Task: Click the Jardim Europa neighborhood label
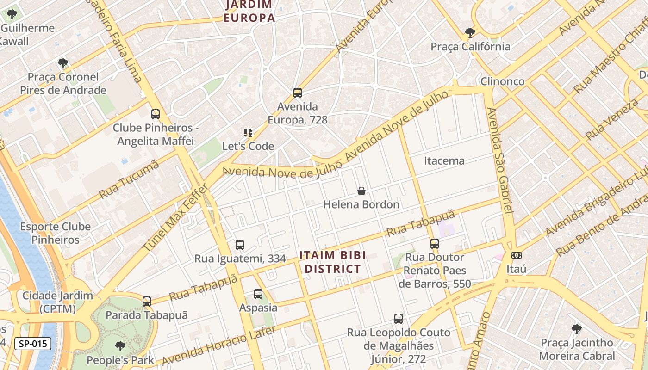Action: coord(249,12)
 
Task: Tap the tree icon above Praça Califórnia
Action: coord(470,33)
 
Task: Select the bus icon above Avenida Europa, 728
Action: coord(298,93)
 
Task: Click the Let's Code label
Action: coord(248,146)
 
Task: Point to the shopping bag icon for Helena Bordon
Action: coord(361,191)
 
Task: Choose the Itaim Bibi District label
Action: coord(332,262)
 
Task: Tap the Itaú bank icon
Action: coord(517,255)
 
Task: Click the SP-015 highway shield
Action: coord(32,344)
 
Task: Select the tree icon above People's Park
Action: coord(120,346)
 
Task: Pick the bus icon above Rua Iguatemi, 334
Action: coord(240,245)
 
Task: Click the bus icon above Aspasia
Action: coord(258,294)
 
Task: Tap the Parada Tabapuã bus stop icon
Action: coord(147,302)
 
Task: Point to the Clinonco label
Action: coord(502,81)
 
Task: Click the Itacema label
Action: coord(444,160)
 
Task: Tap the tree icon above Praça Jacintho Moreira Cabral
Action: coord(577,329)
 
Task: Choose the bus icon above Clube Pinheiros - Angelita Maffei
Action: coord(156,114)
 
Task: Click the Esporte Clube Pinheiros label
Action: coord(56,233)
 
